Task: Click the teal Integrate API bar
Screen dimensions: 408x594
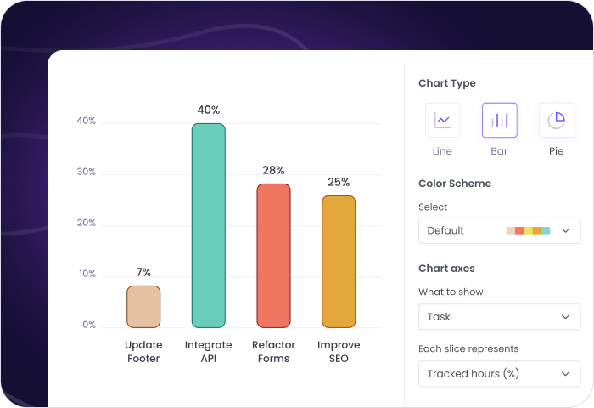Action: tap(208, 225)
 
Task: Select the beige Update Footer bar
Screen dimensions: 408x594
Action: tap(143, 306)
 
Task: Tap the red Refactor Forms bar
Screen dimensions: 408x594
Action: tap(273, 255)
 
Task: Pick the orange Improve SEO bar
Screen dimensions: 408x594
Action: tap(339, 261)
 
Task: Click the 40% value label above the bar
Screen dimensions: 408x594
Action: tap(208, 110)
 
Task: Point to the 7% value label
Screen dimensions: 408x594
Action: tap(143, 272)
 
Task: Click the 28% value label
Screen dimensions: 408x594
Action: tap(273, 170)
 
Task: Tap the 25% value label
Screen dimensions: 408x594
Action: tap(339, 182)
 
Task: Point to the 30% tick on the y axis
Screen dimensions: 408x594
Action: tap(87, 172)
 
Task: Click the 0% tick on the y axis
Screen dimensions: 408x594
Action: tap(89, 325)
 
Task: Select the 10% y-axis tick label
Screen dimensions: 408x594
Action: tap(87, 274)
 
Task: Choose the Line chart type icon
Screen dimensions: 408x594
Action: tap(442, 120)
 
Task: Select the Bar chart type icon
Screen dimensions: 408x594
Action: tap(499, 120)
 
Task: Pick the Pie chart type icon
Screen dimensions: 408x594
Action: tap(556, 120)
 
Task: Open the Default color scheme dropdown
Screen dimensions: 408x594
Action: tap(499, 230)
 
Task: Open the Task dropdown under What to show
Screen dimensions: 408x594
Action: tap(499, 316)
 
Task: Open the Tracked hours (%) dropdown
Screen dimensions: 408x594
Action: tap(499, 373)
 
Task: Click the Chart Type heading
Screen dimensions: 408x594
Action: tap(447, 83)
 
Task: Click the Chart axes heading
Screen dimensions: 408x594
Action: tap(446, 269)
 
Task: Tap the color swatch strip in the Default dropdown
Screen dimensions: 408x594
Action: tap(528, 230)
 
